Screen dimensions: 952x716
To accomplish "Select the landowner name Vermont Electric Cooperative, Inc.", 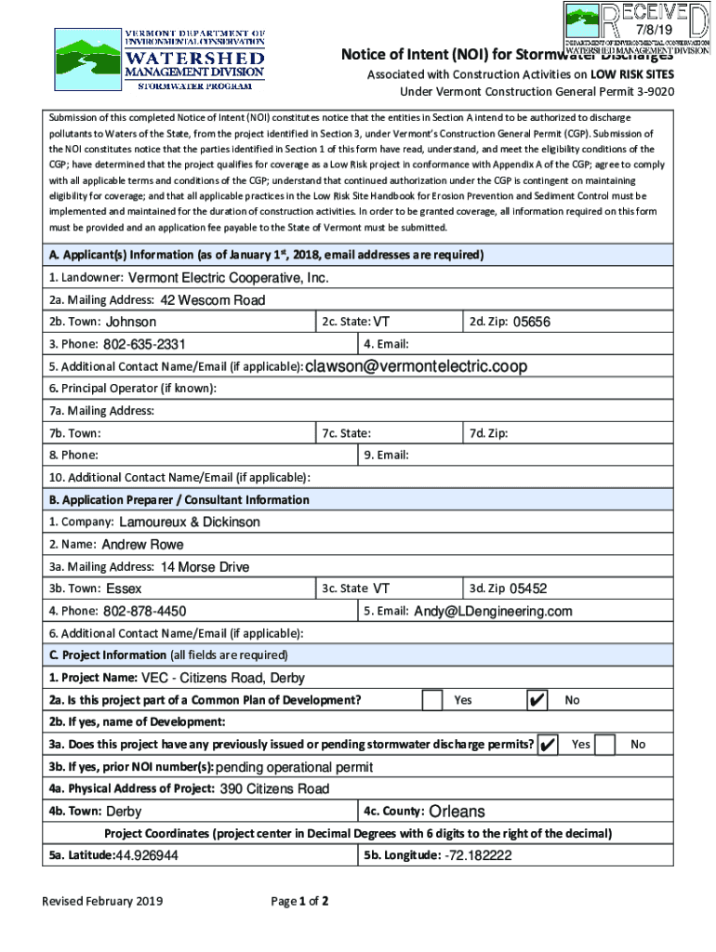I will (x=228, y=278).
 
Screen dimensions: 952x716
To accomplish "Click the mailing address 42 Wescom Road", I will (x=212, y=300).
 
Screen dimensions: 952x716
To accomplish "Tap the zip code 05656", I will (x=532, y=322).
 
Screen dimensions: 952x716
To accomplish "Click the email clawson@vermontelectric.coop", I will (x=416, y=366).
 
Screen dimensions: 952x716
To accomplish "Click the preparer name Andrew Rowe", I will (x=142, y=544).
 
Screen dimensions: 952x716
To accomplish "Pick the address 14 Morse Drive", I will (x=205, y=566).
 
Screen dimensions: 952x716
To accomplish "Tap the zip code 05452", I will (x=528, y=588).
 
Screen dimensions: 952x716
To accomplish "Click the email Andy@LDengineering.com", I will (x=493, y=611).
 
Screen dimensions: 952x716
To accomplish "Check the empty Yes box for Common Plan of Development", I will (x=431, y=700).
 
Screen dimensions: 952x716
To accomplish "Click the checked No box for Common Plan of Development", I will (x=537, y=700).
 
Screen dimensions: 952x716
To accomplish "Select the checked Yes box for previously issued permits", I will (x=548, y=745).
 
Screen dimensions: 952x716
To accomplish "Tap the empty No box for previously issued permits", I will (x=604, y=745).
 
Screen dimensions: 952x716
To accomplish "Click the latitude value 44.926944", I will (x=146, y=855).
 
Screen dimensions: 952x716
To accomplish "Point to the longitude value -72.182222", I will (x=478, y=855).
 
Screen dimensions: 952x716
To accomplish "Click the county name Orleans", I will (x=457, y=812).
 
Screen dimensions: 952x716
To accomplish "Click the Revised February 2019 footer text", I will (x=101, y=901).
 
